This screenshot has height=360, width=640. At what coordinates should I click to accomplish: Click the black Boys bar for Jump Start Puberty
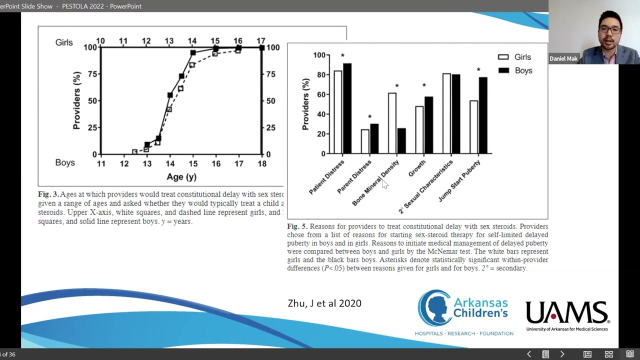click(x=482, y=115)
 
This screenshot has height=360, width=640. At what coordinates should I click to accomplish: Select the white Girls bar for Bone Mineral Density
click(x=392, y=123)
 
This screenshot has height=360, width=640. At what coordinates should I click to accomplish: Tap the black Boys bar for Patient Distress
click(x=347, y=108)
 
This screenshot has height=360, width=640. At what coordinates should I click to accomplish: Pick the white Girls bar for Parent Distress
click(x=365, y=141)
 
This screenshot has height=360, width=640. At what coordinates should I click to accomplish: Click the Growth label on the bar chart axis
click(x=417, y=168)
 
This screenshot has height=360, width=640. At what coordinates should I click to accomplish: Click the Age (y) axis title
click(x=181, y=177)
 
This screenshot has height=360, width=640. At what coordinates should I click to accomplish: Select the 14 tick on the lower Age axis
click(x=170, y=164)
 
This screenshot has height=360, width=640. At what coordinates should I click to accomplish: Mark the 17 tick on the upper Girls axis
click(x=261, y=41)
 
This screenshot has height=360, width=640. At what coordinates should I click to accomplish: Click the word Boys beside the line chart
click(x=65, y=162)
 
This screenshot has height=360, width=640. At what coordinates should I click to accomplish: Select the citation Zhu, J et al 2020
click(x=324, y=303)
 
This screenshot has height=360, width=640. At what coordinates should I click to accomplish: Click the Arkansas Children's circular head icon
click(x=434, y=308)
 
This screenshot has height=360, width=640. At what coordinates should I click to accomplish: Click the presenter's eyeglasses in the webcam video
click(x=610, y=29)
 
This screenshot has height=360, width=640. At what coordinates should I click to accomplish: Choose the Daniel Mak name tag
click(x=563, y=58)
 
